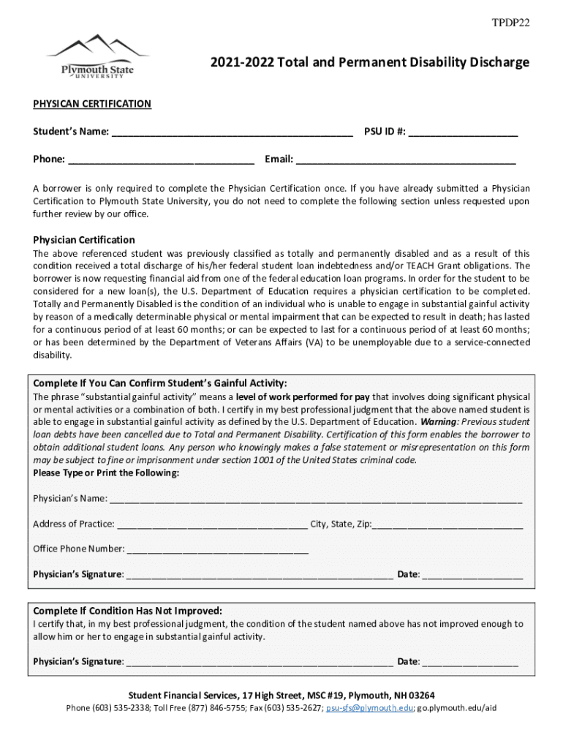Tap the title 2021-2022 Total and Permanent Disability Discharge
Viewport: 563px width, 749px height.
coord(359,63)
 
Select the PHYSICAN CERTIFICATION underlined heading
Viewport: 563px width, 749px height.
coord(92,104)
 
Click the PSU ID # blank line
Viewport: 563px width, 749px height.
coord(463,133)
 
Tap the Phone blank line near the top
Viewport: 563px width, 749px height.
coord(161,159)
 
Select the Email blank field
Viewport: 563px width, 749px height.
coord(406,159)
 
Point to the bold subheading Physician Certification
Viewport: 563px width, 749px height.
coord(84,240)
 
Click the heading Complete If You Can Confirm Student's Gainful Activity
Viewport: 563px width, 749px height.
coord(160,384)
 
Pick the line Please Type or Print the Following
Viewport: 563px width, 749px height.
coord(106,473)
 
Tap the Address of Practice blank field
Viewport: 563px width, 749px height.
coord(212,524)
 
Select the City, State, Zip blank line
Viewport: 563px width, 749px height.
coord(447,524)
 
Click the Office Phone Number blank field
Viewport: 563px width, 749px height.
coord(217,549)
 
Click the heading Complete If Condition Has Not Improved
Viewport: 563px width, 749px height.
coord(128,611)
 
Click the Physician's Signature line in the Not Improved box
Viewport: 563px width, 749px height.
coord(259,663)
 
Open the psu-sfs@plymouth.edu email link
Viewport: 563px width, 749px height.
coord(369,708)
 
